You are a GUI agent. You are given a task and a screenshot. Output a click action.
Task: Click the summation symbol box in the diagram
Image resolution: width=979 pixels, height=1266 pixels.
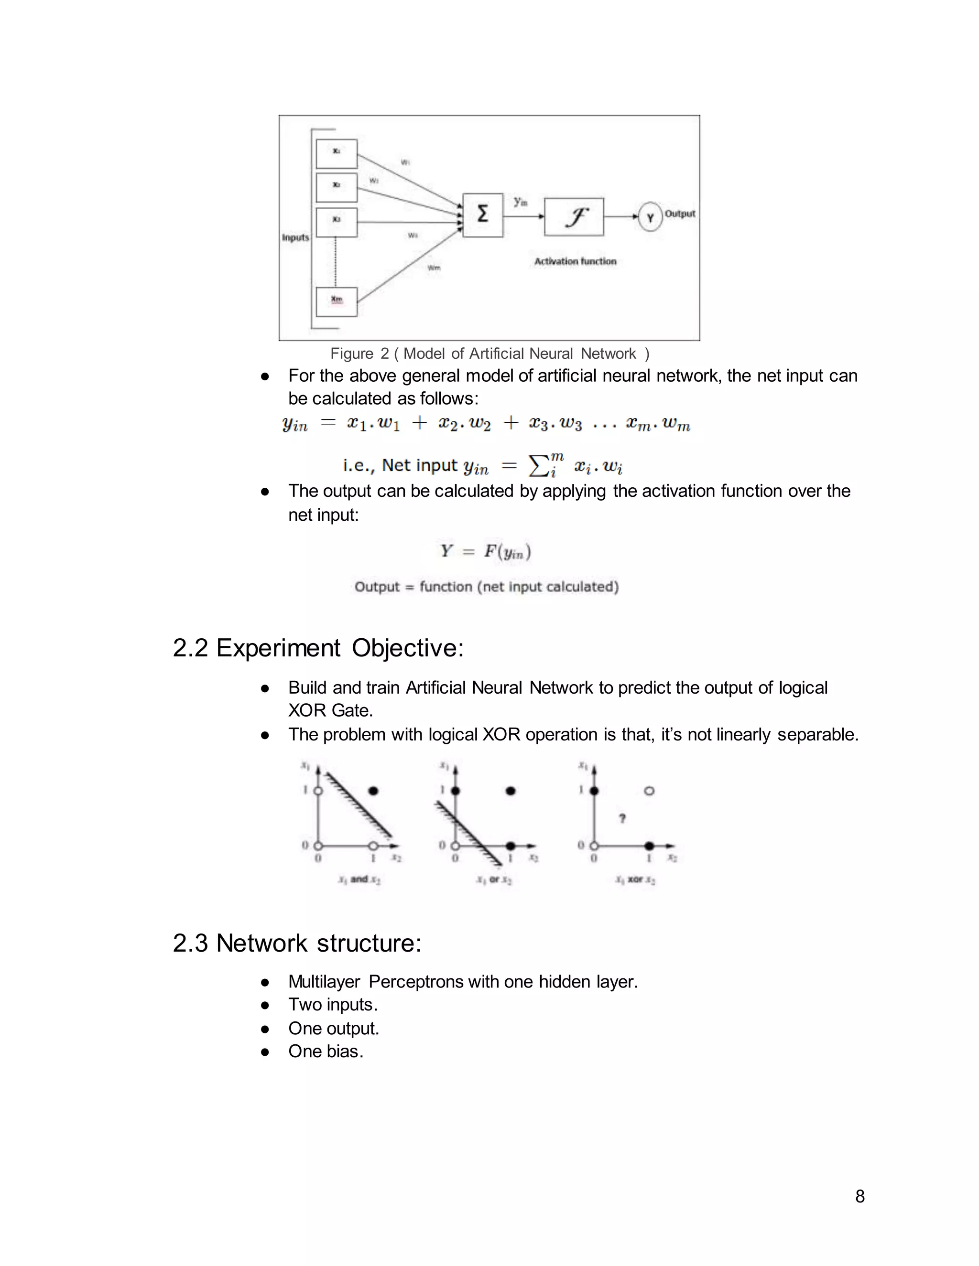coord(482,215)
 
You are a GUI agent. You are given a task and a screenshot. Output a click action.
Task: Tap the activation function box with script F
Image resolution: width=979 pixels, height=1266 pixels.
coord(574,217)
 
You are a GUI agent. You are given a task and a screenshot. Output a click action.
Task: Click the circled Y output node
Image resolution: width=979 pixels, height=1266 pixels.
coord(650,217)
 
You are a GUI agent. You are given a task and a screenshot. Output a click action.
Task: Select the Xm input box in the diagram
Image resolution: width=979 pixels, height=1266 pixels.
coord(337,300)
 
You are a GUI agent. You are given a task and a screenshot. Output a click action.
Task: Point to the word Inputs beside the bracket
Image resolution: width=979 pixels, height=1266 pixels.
coord(295,237)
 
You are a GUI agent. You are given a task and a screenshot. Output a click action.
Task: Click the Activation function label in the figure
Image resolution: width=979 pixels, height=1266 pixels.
coord(575,261)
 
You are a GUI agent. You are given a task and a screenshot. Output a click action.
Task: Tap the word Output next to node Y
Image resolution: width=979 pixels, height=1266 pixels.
coord(680,214)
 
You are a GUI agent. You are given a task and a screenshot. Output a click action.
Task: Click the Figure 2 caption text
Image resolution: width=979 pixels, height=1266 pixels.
coord(489,354)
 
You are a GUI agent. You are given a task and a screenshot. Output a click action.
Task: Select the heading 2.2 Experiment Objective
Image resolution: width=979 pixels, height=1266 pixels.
coord(318,648)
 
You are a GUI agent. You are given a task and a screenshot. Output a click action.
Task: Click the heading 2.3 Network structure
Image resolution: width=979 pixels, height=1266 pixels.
coord(296,943)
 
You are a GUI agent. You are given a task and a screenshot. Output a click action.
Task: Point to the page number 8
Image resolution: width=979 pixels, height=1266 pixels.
coord(859,1196)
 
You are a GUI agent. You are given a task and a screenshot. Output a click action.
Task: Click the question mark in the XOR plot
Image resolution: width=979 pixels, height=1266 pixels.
coord(622,818)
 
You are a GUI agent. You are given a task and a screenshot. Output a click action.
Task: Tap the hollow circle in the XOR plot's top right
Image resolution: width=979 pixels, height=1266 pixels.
coord(650,791)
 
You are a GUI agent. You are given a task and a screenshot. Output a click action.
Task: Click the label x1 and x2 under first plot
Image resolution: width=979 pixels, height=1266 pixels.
coord(359,880)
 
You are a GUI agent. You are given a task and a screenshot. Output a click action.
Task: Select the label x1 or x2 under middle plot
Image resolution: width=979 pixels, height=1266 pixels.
coord(493,880)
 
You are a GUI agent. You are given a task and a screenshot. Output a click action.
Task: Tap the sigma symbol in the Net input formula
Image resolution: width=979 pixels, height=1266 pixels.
coord(538,465)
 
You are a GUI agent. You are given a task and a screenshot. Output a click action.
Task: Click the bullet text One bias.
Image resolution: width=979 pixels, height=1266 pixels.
coord(326,1051)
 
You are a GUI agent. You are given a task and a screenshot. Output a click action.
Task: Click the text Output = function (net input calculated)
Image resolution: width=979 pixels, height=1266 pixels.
coord(487,587)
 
